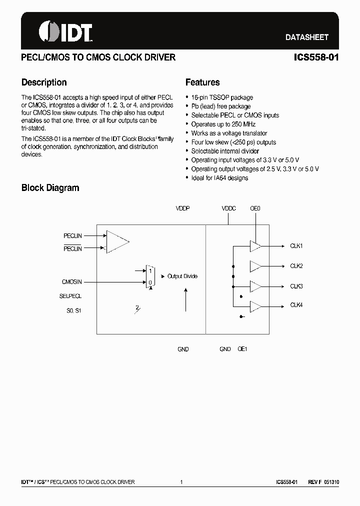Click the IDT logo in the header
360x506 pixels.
point(65,32)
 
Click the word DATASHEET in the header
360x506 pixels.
point(306,37)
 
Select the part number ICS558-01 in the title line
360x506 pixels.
point(316,57)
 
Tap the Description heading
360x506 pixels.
point(44,82)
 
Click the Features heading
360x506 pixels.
point(202,82)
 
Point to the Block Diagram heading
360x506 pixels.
point(50,188)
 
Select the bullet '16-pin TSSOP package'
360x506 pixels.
point(222,97)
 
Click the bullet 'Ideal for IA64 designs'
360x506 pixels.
point(219,178)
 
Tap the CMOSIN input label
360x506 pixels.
point(72,282)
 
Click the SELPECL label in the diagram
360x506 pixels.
point(70,296)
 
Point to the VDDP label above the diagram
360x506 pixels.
point(183,208)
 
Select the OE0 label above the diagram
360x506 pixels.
point(255,208)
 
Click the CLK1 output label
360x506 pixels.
point(296,246)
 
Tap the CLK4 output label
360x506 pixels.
point(296,305)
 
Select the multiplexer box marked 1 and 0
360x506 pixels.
point(149,276)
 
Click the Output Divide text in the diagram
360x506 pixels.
point(182,276)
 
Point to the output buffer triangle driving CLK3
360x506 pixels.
point(255,286)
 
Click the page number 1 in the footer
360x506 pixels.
point(181,482)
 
